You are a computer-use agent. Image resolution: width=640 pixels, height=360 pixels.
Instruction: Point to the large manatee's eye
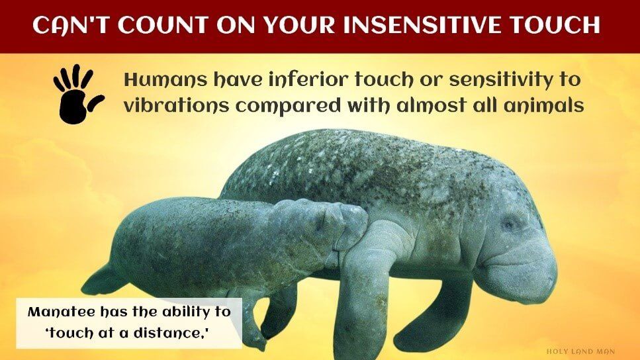pos(508,224)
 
